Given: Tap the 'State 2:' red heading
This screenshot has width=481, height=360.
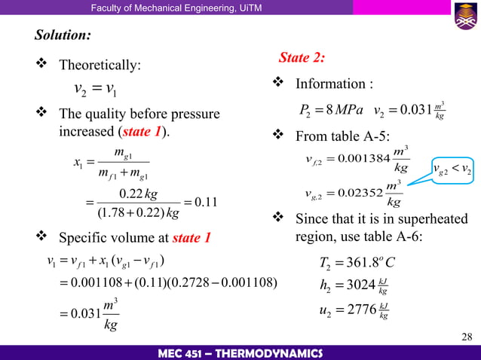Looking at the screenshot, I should tap(302, 57).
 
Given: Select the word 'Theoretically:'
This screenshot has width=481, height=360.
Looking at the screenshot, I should tap(100, 66).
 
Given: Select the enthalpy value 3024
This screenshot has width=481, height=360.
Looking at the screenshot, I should tap(359, 285).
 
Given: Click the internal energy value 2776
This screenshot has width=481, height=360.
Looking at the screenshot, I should tap(359, 309).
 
